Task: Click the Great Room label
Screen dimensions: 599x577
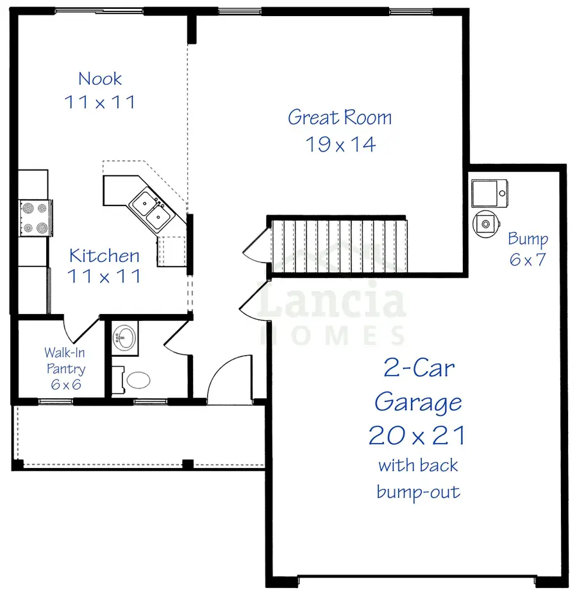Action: (339, 117)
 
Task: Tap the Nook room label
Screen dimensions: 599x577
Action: (100, 79)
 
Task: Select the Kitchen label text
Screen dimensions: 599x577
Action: (104, 256)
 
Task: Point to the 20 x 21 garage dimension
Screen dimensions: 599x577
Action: (417, 435)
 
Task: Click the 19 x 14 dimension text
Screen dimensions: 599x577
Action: (340, 144)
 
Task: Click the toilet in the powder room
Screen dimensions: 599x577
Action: (135, 380)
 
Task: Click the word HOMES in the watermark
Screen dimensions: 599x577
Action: (331, 334)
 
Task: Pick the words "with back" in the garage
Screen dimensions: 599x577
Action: (418, 465)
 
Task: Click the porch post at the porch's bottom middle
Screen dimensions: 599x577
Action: (187, 464)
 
